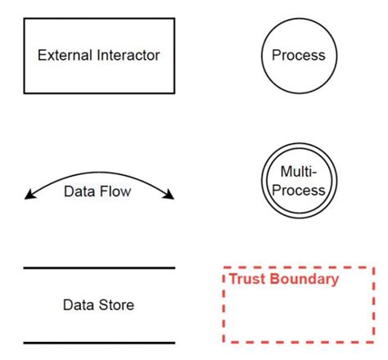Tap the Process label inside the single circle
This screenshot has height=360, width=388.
298,56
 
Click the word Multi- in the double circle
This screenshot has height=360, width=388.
298,172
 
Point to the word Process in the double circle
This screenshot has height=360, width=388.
298,190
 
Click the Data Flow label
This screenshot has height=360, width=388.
97,192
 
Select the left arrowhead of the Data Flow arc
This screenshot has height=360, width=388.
29,195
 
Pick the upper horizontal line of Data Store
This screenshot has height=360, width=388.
99,268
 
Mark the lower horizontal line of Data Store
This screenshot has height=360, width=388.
99,342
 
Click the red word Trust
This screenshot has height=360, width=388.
246,279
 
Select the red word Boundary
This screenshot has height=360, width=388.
309,279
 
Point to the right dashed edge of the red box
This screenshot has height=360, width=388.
373,304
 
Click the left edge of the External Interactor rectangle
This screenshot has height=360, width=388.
24,56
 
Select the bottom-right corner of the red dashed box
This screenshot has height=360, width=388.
373,341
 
